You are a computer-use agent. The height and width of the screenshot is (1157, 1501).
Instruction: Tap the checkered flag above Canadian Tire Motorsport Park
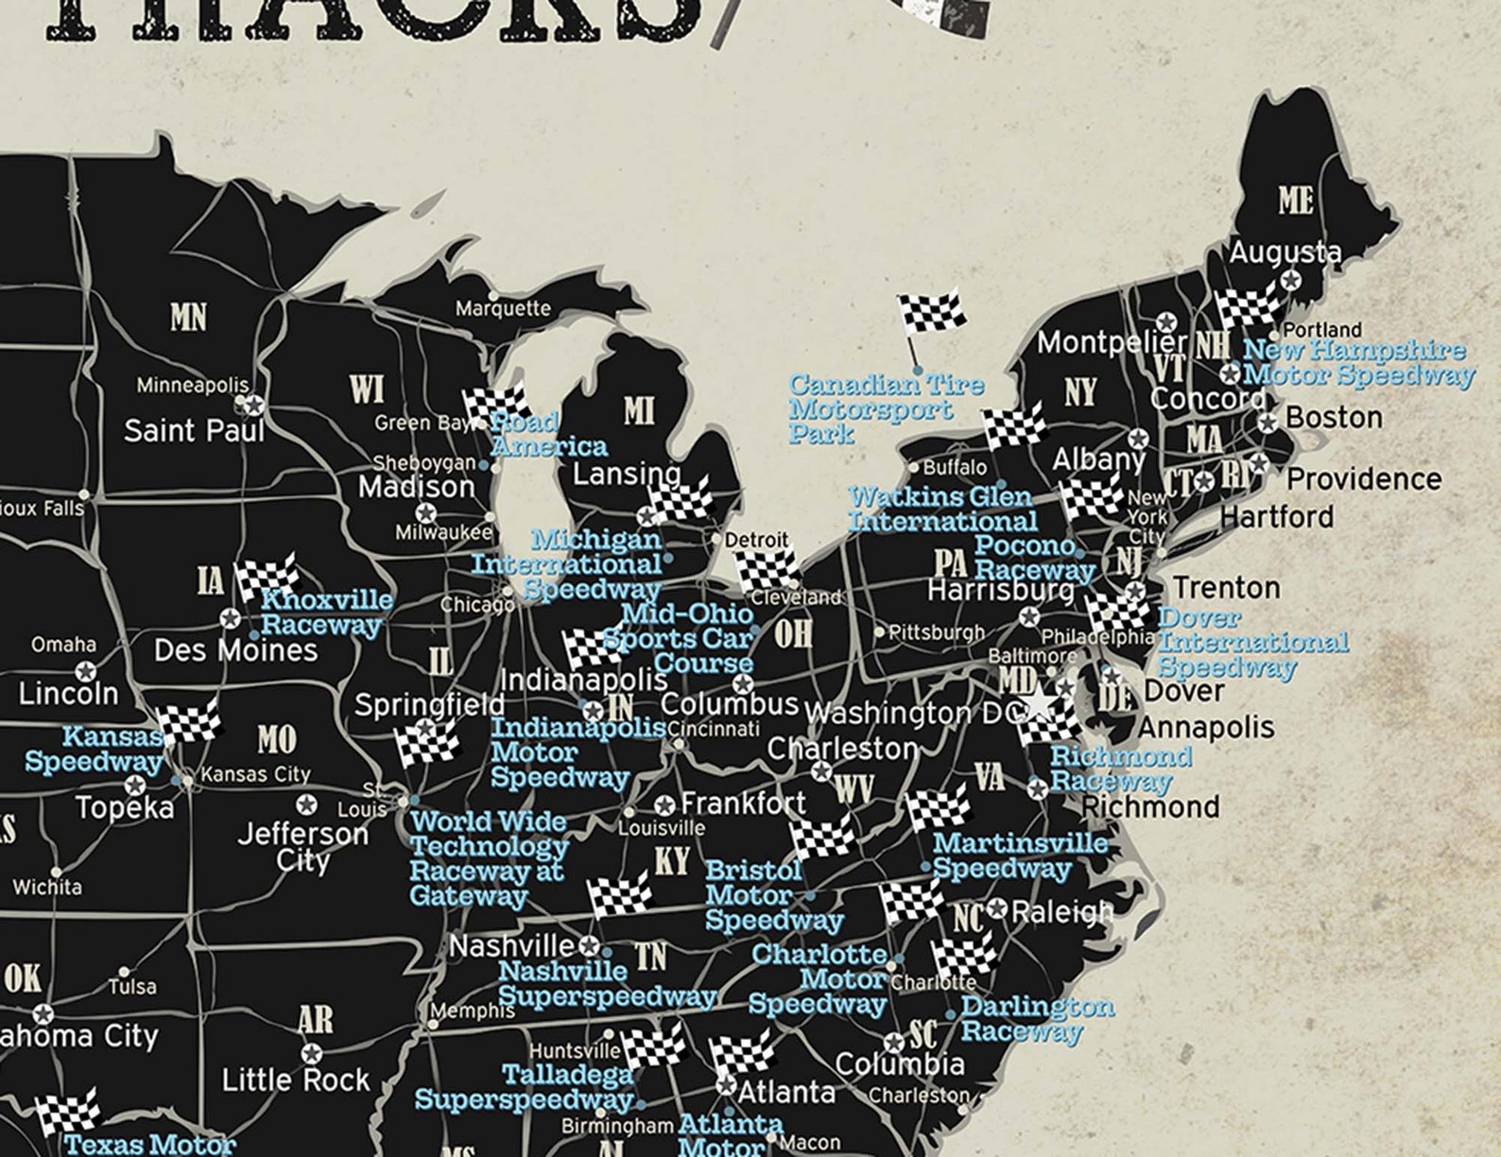click(931, 313)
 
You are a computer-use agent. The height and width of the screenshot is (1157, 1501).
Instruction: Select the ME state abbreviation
click(1295, 200)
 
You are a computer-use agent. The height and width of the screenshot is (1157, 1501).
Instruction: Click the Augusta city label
click(1284, 251)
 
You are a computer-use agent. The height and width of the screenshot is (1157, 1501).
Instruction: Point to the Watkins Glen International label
click(942, 509)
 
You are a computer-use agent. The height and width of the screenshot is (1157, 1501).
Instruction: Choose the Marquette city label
click(503, 308)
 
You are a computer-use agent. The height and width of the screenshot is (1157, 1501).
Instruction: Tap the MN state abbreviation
click(188, 318)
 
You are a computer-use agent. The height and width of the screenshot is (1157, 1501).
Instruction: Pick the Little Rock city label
click(295, 1079)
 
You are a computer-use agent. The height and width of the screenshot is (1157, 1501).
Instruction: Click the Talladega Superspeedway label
click(525, 1087)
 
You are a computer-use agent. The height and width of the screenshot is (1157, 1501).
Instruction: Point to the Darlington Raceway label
click(1036, 1018)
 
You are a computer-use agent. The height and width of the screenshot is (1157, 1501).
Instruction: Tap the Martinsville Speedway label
click(1019, 855)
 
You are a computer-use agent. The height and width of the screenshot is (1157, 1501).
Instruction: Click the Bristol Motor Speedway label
click(771, 895)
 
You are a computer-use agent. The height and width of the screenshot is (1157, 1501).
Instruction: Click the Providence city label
click(1363, 479)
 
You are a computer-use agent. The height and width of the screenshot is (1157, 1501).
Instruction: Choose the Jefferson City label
click(302, 847)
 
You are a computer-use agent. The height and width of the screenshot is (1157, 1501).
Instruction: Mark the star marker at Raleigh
click(997, 910)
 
